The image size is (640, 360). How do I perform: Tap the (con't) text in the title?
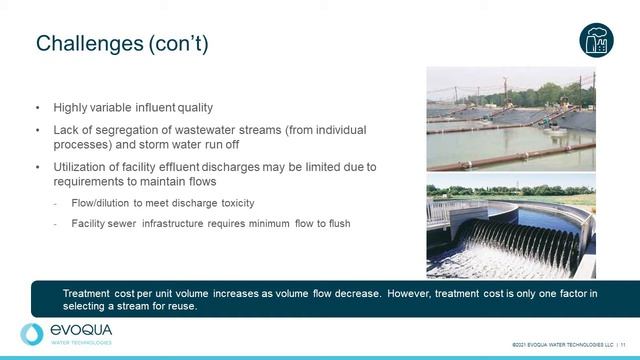[x=181, y=43]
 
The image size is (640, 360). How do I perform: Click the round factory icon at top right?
[x=596, y=40]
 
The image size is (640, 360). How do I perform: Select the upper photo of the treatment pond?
[x=510, y=118]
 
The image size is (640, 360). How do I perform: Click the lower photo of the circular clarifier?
[x=510, y=226]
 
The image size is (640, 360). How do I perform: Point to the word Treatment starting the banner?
[x=86, y=292]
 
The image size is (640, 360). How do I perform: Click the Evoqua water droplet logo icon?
[x=32, y=334]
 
